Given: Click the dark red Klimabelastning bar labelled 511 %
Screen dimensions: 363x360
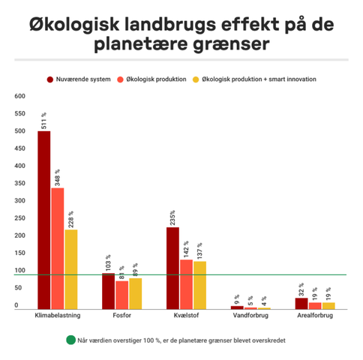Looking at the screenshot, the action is [44, 220].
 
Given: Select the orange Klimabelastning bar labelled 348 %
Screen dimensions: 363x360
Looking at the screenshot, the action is [58, 248].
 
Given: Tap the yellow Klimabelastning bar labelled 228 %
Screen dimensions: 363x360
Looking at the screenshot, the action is [71, 269].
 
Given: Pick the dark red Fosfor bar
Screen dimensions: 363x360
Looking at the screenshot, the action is [108, 291].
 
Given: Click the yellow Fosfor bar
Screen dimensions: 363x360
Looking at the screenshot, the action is [136, 294].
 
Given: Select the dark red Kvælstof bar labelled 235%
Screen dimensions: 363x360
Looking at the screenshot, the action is [172, 268].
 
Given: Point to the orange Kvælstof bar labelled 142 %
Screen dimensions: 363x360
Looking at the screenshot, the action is [186, 284].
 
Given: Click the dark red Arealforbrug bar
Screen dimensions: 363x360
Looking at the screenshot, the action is [301, 304].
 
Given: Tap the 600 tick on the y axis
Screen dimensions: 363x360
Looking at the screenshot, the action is [19, 96].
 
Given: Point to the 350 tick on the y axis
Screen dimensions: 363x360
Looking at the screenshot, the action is [19, 183].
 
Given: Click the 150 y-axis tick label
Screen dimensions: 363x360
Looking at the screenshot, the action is [19, 253].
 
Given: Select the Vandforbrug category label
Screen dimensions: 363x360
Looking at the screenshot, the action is [250, 315].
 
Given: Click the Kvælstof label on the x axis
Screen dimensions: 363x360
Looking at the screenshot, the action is [186, 315].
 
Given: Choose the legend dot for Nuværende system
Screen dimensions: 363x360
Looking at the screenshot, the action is [50, 79].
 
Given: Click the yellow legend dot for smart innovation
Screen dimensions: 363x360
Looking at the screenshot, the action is [196, 79].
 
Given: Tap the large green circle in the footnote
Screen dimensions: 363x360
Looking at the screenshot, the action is [70, 340].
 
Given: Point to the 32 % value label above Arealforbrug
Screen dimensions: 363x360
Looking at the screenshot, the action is [301, 289].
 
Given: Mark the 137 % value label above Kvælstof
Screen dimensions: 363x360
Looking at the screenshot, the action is [199, 250].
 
